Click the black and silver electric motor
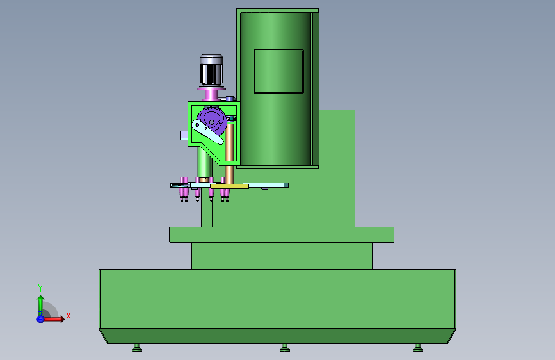pos(211,70)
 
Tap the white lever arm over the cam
pos(207,132)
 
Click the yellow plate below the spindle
pos(229,186)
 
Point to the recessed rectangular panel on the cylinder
pos(279,71)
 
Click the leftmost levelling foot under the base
pos(137,348)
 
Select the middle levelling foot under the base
pos(285,348)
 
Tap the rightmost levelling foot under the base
pos(417,348)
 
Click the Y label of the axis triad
pos(40,288)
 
